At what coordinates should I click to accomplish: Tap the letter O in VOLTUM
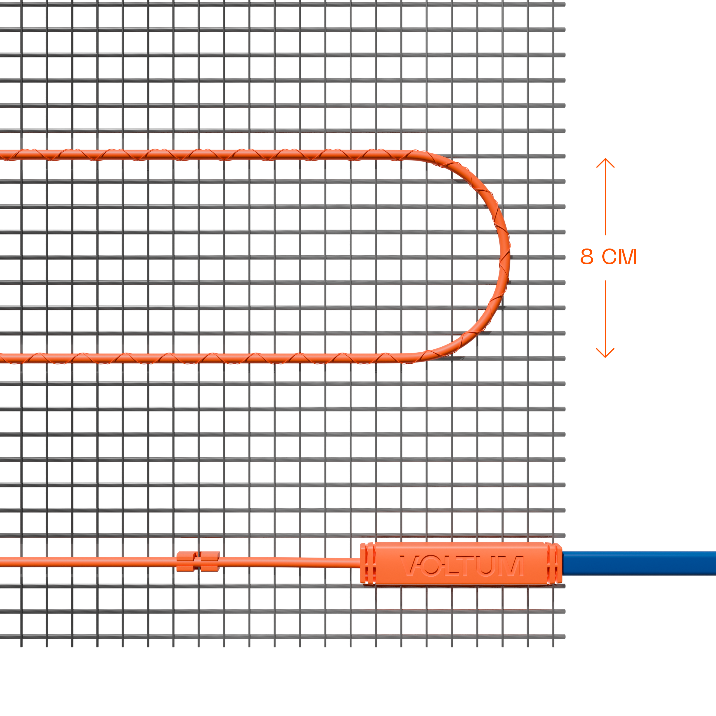(431, 566)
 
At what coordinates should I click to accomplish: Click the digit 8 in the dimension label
(586, 257)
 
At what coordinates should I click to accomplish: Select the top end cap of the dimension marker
(605, 163)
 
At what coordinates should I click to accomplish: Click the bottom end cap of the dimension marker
(605, 353)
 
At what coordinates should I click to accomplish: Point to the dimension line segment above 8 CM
(605, 202)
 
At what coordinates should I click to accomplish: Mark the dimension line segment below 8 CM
(605, 314)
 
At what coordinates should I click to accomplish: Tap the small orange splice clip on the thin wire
(198, 561)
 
